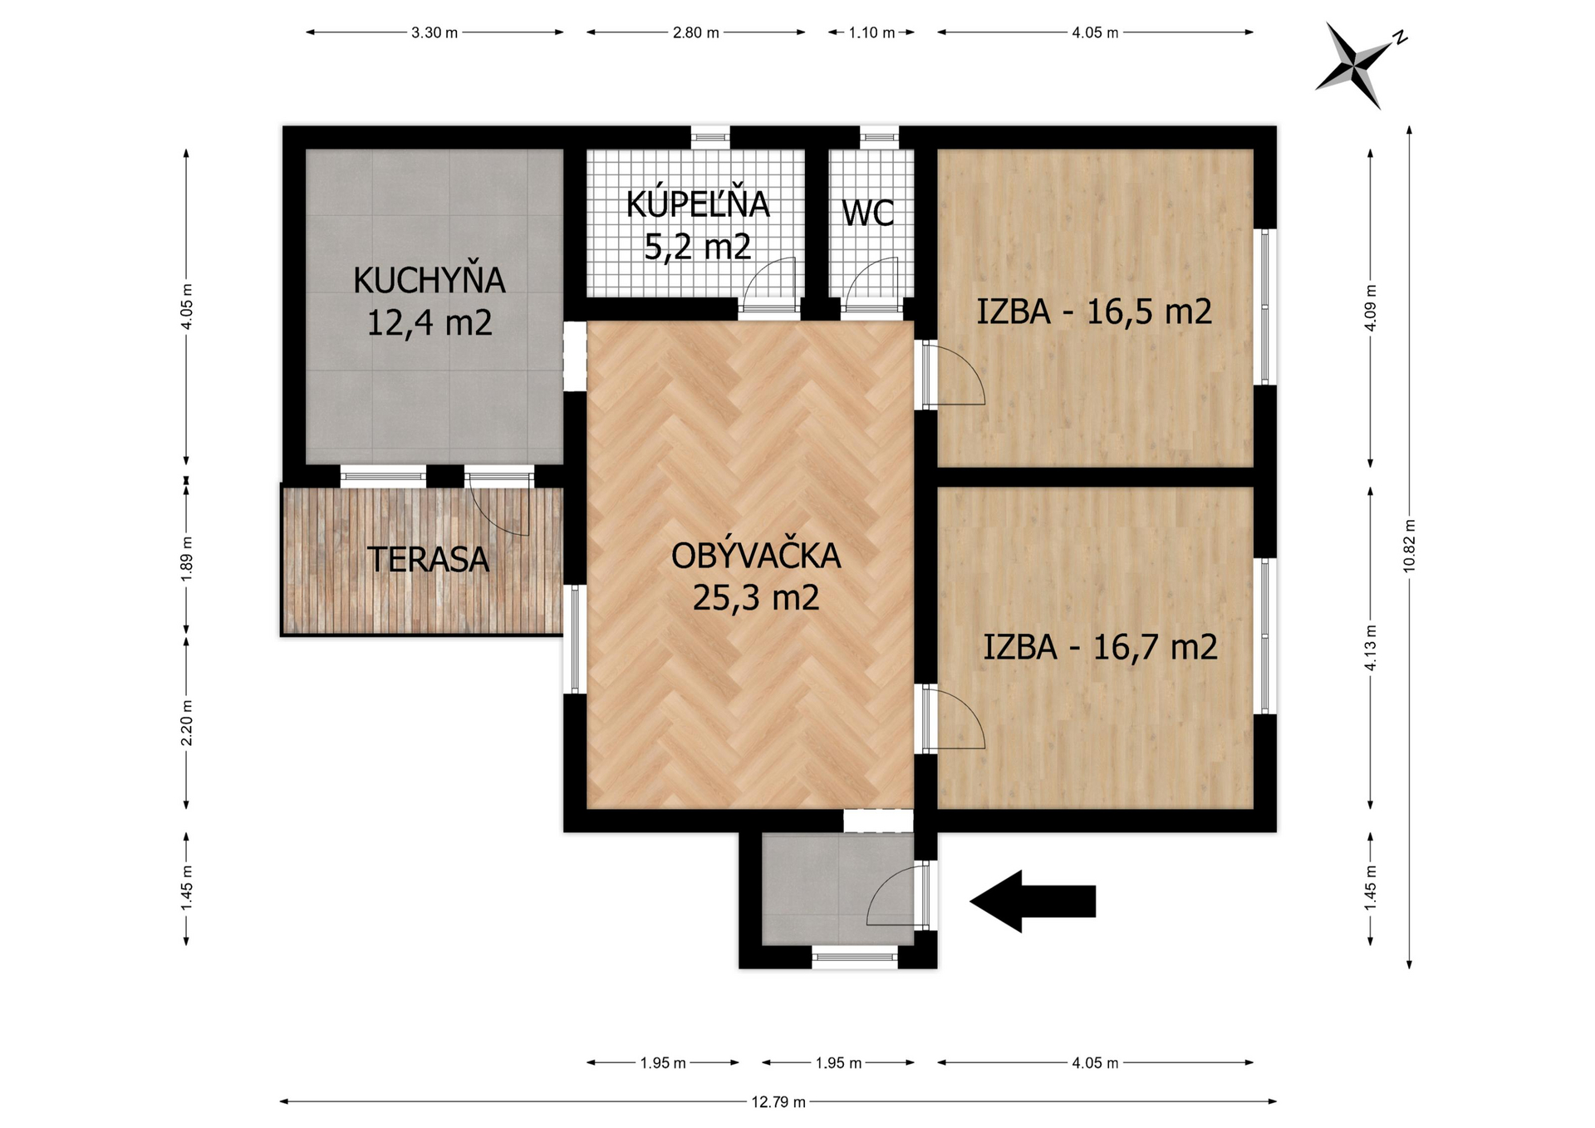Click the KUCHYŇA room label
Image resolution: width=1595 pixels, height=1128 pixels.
429,300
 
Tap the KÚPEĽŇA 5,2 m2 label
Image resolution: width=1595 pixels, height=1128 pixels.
698,225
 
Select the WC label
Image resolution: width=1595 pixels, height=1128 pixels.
868,213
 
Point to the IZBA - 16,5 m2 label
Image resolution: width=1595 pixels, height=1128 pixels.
1094,311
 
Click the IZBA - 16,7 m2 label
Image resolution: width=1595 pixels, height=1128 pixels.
1101,647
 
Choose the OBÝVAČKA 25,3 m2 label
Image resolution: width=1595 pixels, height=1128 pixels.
756,576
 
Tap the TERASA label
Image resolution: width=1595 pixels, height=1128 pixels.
428,560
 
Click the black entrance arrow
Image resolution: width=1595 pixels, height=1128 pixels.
1033,901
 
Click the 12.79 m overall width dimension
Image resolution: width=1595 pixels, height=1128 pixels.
778,1101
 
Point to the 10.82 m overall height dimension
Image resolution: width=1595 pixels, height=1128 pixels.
1409,547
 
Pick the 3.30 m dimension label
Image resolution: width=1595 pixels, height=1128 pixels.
434,32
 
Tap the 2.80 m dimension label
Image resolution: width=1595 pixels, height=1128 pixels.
696,32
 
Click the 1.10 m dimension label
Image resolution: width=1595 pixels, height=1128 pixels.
871,32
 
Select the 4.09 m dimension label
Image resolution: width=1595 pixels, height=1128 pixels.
1371,307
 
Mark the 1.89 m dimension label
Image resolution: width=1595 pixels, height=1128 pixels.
187,557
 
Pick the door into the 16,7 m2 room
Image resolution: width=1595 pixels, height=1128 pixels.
954,718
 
